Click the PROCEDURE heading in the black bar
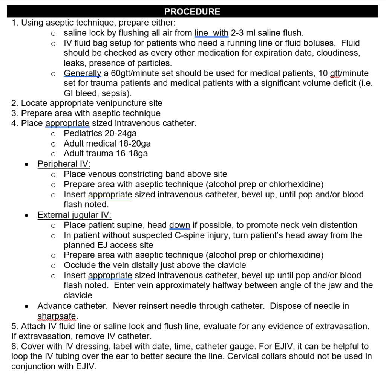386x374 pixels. click(x=192, y=12)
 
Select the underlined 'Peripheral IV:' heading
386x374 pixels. click(x=64, y=164)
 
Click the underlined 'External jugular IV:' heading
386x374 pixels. click(x=74, y=215)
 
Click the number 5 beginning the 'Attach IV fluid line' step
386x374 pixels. click(x=14, y=326)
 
